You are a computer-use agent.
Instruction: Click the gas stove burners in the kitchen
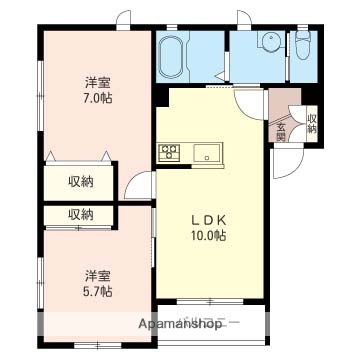coord(168,153)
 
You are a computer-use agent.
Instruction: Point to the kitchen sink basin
coord(209,153)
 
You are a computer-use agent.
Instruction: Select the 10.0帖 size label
coord(209,237)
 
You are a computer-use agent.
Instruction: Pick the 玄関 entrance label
coord(281,131)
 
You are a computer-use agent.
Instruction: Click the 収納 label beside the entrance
coord(311,123)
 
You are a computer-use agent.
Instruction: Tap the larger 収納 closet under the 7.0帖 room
coord(81,181)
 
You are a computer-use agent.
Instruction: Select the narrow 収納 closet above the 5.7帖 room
coord(81,215)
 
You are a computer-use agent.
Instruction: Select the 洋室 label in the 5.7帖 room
coord(97,275)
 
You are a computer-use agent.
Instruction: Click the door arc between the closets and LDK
coord(139,187)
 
